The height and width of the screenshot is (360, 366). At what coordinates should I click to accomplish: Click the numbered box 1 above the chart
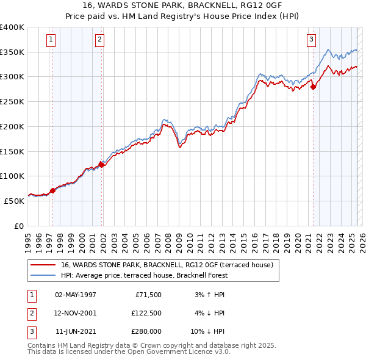pyautogui.click(x=51, y=40)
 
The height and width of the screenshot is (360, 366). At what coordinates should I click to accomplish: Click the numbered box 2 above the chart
pyautogui.click(x=99, y=40)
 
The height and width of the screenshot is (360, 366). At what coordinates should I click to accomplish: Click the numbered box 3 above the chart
pyautogui.click(x=311, y=40)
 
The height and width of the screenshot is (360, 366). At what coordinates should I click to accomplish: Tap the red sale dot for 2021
pyautogui.click(x=314, y=87)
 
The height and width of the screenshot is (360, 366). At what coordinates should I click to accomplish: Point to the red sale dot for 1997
pyautogui.click(x=53, y=190)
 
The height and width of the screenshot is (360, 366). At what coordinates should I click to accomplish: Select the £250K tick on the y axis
pyautogui.click(x=13, y=101)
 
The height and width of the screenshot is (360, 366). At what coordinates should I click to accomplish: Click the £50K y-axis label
pyautogui.click(x=15, y=200)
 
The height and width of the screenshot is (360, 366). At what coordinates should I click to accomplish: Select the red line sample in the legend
pyautogui.click(x=42, y=265)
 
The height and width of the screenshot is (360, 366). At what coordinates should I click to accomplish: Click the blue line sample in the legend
pyautogui.click(x=42, y=275)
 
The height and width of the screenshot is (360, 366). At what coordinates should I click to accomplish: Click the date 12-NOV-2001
pyautogui.click(x=76, y=313)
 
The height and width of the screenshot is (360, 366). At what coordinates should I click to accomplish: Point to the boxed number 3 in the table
pyautogui.click(x=31, y=331)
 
